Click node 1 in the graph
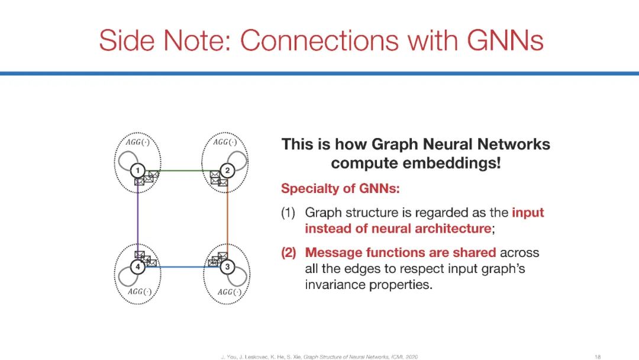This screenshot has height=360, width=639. tap(137, 171)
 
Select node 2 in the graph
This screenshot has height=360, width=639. tap(228, 171)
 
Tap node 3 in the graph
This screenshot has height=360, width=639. tap(228, 267)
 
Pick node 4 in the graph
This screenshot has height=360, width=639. tap(137, 267)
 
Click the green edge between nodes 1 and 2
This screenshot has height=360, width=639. tap(183, 171)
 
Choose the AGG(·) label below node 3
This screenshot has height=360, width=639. tap(229, 292)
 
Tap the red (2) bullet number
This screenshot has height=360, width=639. tap(290, 253)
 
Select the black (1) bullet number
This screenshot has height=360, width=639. tap(290, 213)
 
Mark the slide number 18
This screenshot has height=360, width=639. tap(598, 356)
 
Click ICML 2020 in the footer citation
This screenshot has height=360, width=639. tap(405, 356)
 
